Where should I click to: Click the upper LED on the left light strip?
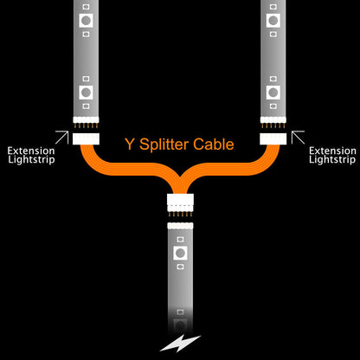87,18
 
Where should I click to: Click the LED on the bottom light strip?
180,254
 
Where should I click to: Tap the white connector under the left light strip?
87,137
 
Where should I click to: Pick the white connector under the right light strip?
273,137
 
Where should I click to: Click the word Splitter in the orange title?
161,145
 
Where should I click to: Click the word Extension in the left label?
31,150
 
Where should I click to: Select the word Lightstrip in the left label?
31,161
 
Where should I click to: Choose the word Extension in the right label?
332,150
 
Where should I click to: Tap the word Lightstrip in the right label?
332,161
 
